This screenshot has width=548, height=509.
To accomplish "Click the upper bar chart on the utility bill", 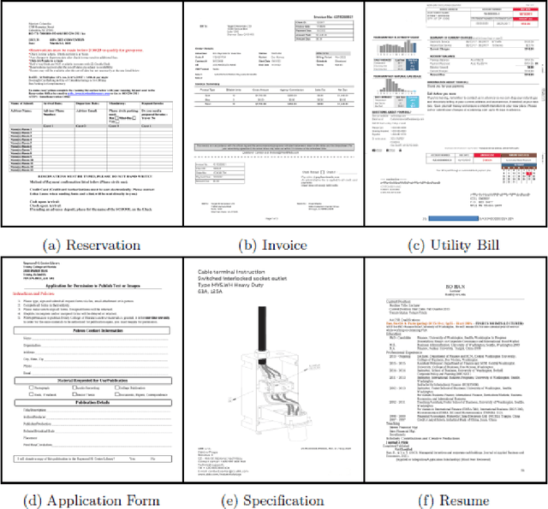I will (x=393, y=50).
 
